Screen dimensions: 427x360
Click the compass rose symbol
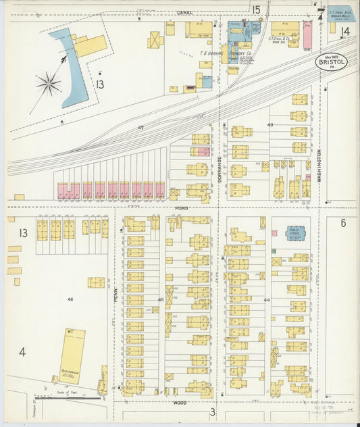click(49, 84)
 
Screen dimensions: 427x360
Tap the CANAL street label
click(184, 13)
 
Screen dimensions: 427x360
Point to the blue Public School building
click(294, 233)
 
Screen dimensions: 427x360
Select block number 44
click(267, 299)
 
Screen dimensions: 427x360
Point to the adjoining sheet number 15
click(256, 9)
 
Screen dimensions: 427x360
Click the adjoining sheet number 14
click(345, 32)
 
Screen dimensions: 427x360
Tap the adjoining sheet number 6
click(343, 223)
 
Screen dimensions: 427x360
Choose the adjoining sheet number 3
click(212, 411)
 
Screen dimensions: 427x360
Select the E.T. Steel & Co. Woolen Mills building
click(340, 14)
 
